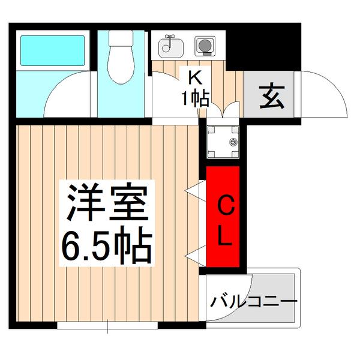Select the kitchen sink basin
[x=168, y=47]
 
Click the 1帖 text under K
[x=196, y=97]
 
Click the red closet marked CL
[x=223, y=218]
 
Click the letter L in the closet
[x=223, y=238]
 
